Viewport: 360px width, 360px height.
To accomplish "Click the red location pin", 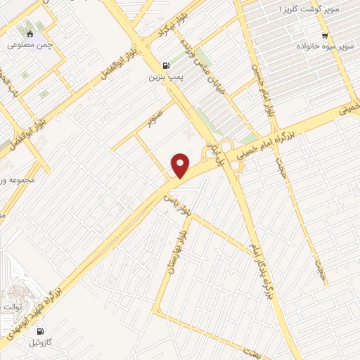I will (x=181, y=165).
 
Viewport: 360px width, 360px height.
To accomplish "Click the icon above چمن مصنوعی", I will (x=29, y=34).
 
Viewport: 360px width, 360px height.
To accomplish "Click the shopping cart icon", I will (x=325, y=35).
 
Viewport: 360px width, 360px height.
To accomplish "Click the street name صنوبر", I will (x=155, y=117).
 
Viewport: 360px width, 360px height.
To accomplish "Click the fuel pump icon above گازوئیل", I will (x=39, y=331).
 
